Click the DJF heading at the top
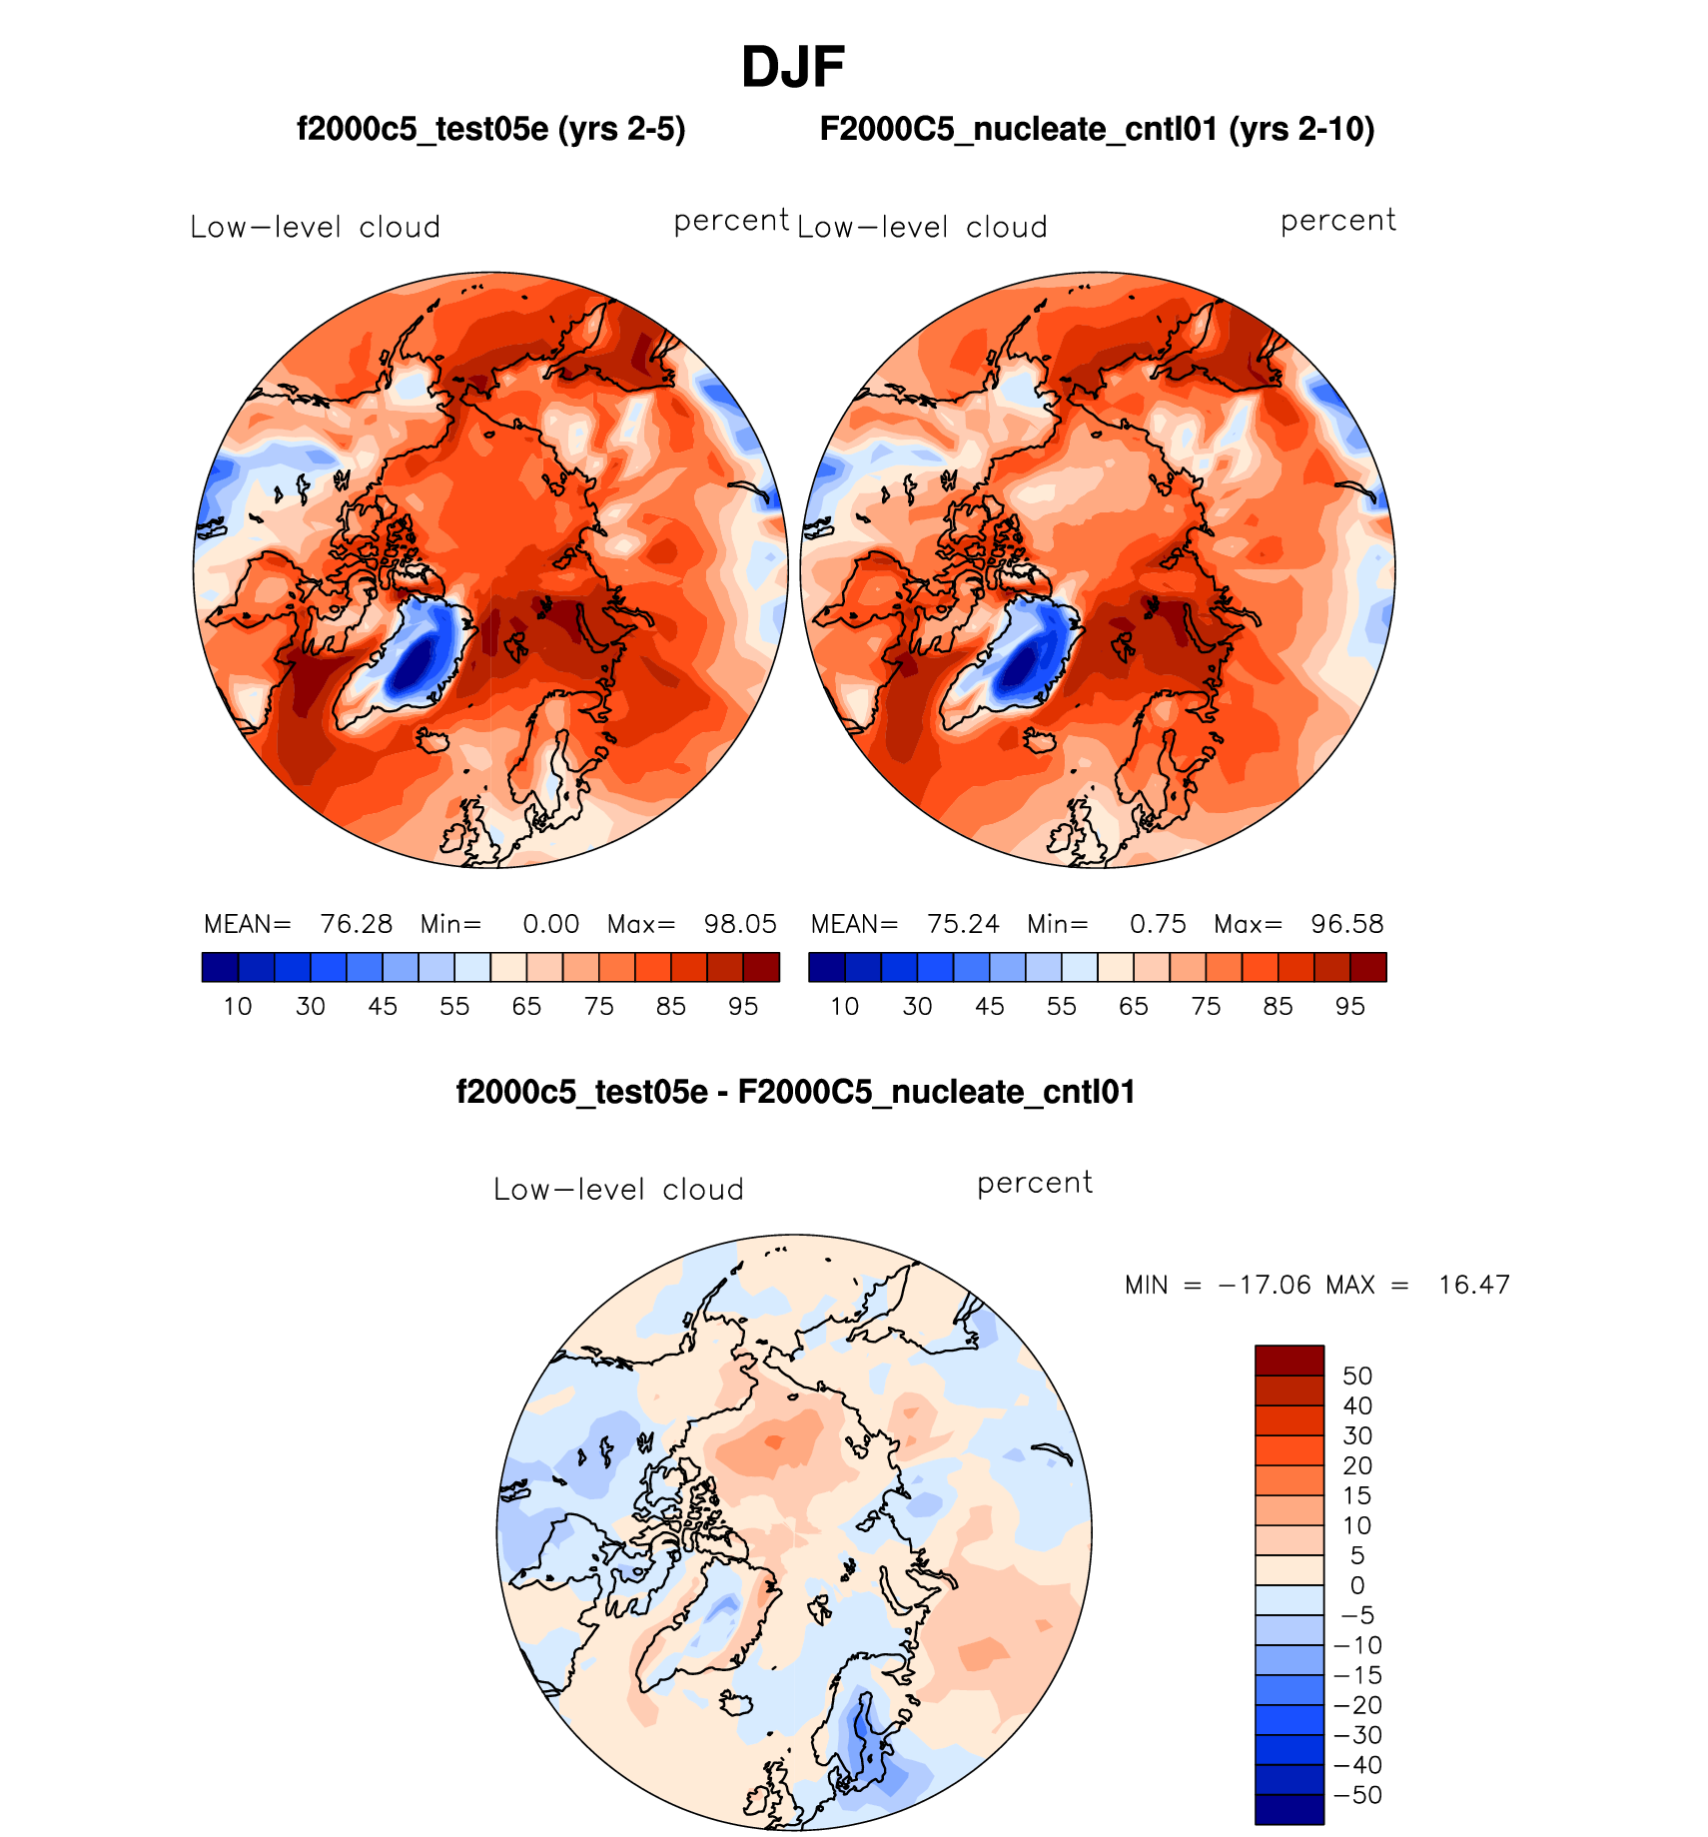(793, 68)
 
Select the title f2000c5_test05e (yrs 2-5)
(491, 129)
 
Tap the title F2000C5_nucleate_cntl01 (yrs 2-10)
(1097, 129)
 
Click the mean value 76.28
(357, 924)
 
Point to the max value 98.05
(740, 924)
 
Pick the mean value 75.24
(963, 924)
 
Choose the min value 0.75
(1158, 924)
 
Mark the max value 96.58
(1347, 924)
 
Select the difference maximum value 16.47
(1473, 1285)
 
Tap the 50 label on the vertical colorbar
(1357, 1377)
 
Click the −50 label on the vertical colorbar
(1358, 1795)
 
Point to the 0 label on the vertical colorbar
(1357, 1585)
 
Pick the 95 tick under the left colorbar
(743, 1006)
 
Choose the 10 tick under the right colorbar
(845, 1006)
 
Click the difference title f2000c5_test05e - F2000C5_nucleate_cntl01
(795, 1092)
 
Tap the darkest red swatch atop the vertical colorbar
(1289, 1361)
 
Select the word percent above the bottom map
(1035, 1183)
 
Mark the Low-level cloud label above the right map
(922, 228)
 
